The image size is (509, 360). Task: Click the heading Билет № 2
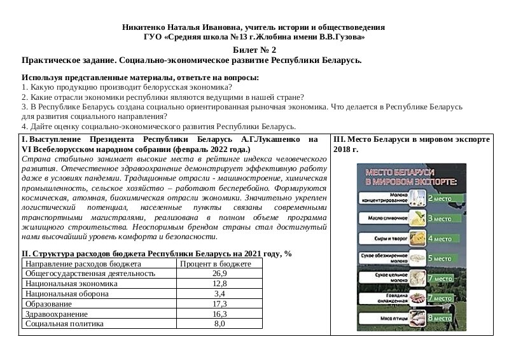[x=254, y=50]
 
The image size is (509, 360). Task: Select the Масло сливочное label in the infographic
[x=384, y=218]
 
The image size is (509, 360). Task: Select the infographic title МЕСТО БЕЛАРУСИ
[x=398, y=172]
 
